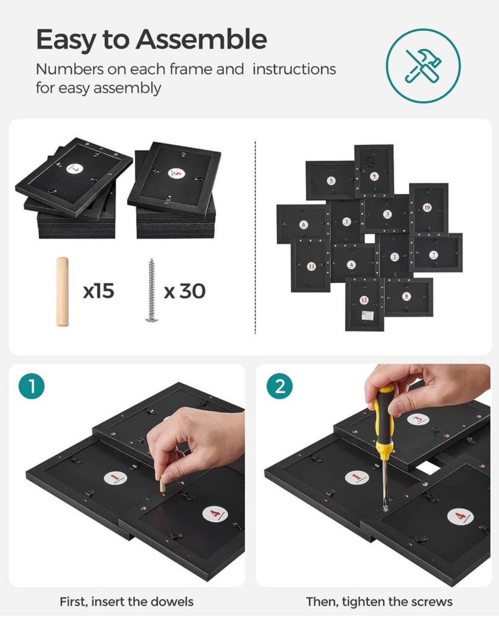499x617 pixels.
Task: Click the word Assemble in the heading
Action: [x=201, y=39]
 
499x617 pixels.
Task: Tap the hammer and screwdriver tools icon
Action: [x=423, y=66]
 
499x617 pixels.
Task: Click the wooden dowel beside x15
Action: [x=62, y=292]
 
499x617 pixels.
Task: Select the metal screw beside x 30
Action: [x=151, y=290]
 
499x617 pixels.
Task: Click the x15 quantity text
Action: [x=99, y=291]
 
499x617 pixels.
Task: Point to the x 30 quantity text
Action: [x=185, y=291]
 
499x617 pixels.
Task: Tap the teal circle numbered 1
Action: [x=32, y=387]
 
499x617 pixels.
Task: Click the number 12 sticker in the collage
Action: [x=364, y=300]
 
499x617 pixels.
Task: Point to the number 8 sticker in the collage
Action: [x=407, y=295]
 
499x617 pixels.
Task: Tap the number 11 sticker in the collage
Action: [x=311, y=266]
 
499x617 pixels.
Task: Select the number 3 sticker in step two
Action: [x=418, y=419]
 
